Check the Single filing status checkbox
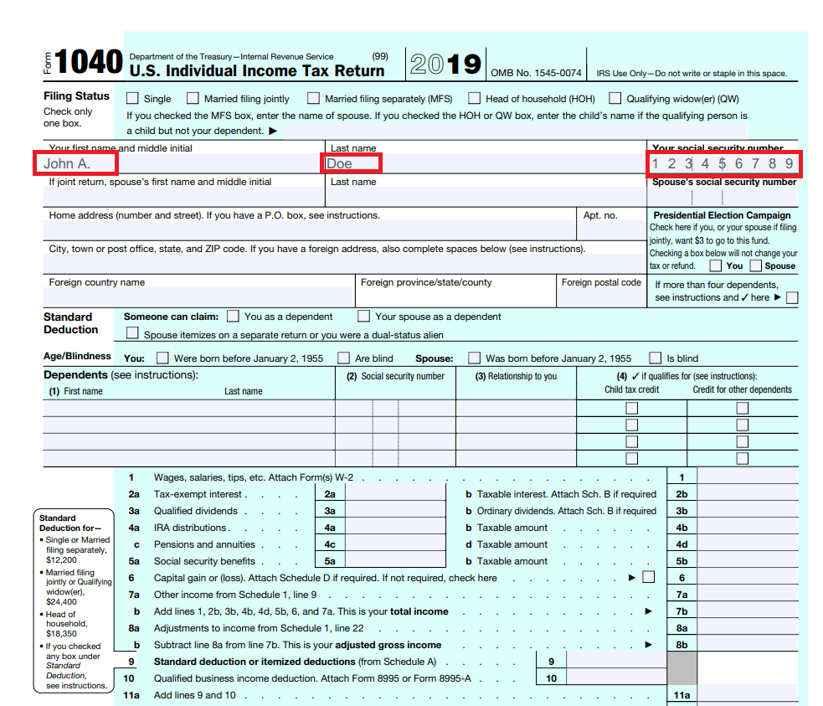tap(132, 98)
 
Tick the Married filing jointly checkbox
tap(193, 98)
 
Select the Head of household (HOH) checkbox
tap(475, 98)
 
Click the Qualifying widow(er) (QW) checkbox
tap(615, 98)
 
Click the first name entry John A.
tap(67, 163)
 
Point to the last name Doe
tap(340, 163)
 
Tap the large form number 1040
tap(90, 62)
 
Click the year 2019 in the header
tap(445, 64)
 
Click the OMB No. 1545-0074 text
tap(536, 73)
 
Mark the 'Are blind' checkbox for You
tap(343, 358)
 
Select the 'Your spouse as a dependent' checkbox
tap(363, 317)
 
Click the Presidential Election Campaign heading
tap(722, 215)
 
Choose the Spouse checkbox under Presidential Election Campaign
tap(755, 265)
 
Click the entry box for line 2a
tap(395, 494)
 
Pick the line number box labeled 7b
tap(682, 611)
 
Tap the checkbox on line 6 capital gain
tap(648, 577)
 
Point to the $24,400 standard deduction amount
tap(60, 601)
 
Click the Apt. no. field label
tap(600, 215)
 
